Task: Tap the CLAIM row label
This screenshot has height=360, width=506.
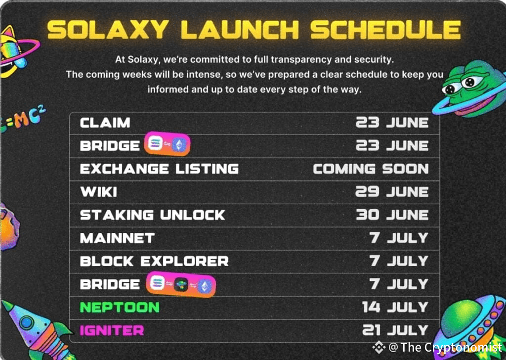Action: point(105,123)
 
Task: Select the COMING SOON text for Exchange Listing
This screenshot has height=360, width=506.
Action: point(371,169)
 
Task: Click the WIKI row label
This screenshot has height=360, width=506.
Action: point(98,192)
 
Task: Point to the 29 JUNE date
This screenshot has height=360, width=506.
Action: point(392,192)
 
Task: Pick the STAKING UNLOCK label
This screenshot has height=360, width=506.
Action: point(152,215)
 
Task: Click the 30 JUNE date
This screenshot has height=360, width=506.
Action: point(392,215)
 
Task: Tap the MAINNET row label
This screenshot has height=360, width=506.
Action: point(117,238)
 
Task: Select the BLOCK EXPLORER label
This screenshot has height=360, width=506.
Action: point(154,261)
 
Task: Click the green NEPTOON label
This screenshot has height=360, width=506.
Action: point(120,307)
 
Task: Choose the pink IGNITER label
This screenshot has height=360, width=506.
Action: point(112,330)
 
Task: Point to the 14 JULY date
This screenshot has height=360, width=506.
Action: point(395,307)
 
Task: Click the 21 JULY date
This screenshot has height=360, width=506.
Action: point(395,330)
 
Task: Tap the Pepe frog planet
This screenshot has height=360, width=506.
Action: point(469,89)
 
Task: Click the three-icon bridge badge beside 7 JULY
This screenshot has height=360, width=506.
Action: point(181,284)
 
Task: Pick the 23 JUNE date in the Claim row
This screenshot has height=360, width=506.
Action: point(392,123)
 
